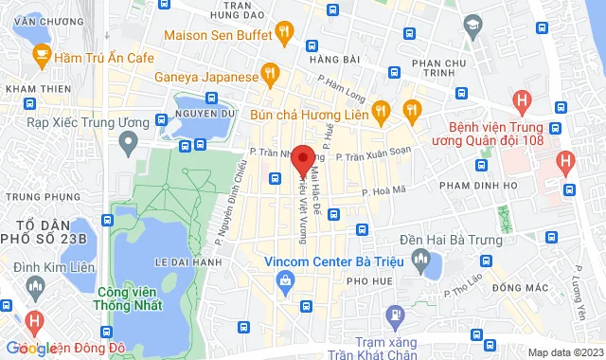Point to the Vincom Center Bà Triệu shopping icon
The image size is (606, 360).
click(x=285, y=279)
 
